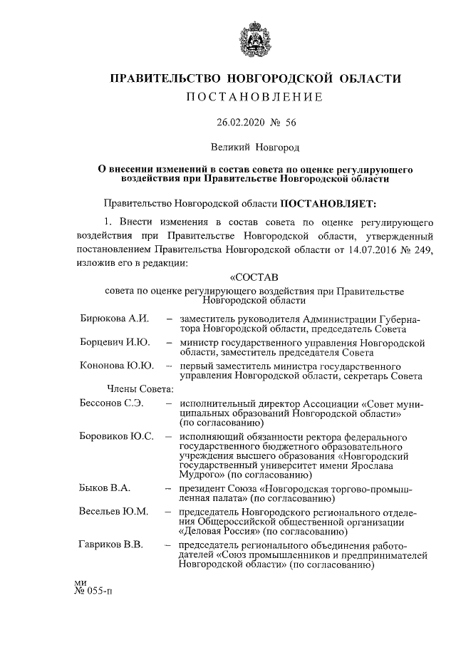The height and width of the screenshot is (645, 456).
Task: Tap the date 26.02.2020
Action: point(242,123)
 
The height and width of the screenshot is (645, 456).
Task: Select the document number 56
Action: point(290,123)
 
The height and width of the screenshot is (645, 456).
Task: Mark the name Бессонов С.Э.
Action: point(112,403)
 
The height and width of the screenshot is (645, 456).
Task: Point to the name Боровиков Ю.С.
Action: point(117,435)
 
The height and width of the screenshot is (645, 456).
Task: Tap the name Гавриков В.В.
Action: point(112,545)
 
